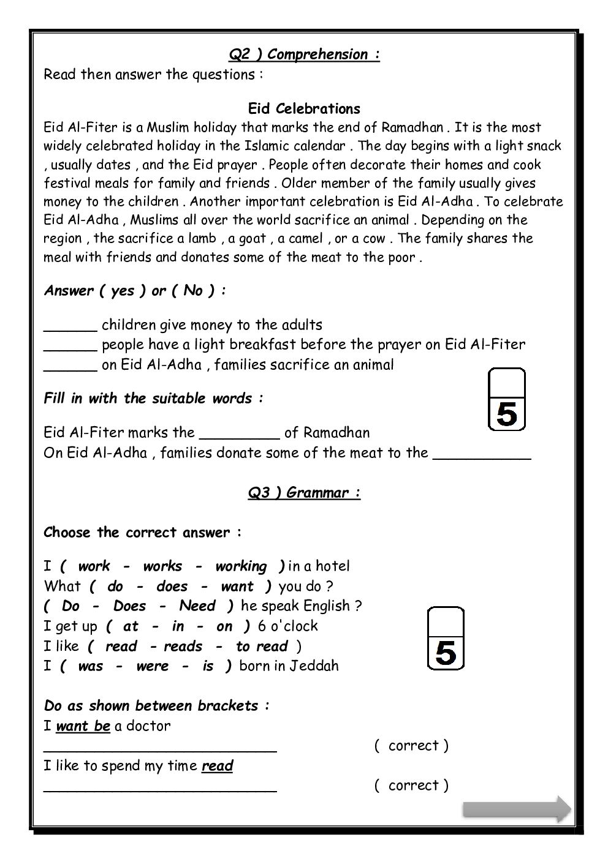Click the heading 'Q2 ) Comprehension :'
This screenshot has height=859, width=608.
tap(304, 54)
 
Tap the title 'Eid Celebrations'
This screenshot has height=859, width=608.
tap(304, 109)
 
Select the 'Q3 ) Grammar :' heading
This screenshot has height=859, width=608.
tap(304, 493)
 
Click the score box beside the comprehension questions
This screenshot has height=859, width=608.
tap(506, 399)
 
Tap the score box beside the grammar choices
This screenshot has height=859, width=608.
tap(446, 638)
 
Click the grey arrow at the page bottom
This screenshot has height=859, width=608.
tap(517, 809)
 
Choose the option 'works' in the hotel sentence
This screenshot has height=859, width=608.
tap(162, 566)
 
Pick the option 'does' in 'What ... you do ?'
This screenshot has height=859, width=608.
tap(172, 587)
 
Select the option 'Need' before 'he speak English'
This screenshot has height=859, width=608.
tap(197, 606)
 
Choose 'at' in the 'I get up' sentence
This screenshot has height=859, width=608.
tap(131, 626)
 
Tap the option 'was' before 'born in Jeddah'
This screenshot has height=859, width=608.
tap(91, 666)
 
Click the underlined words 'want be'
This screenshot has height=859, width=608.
tap(83, 726)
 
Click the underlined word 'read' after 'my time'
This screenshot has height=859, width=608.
tap(217, 766)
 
